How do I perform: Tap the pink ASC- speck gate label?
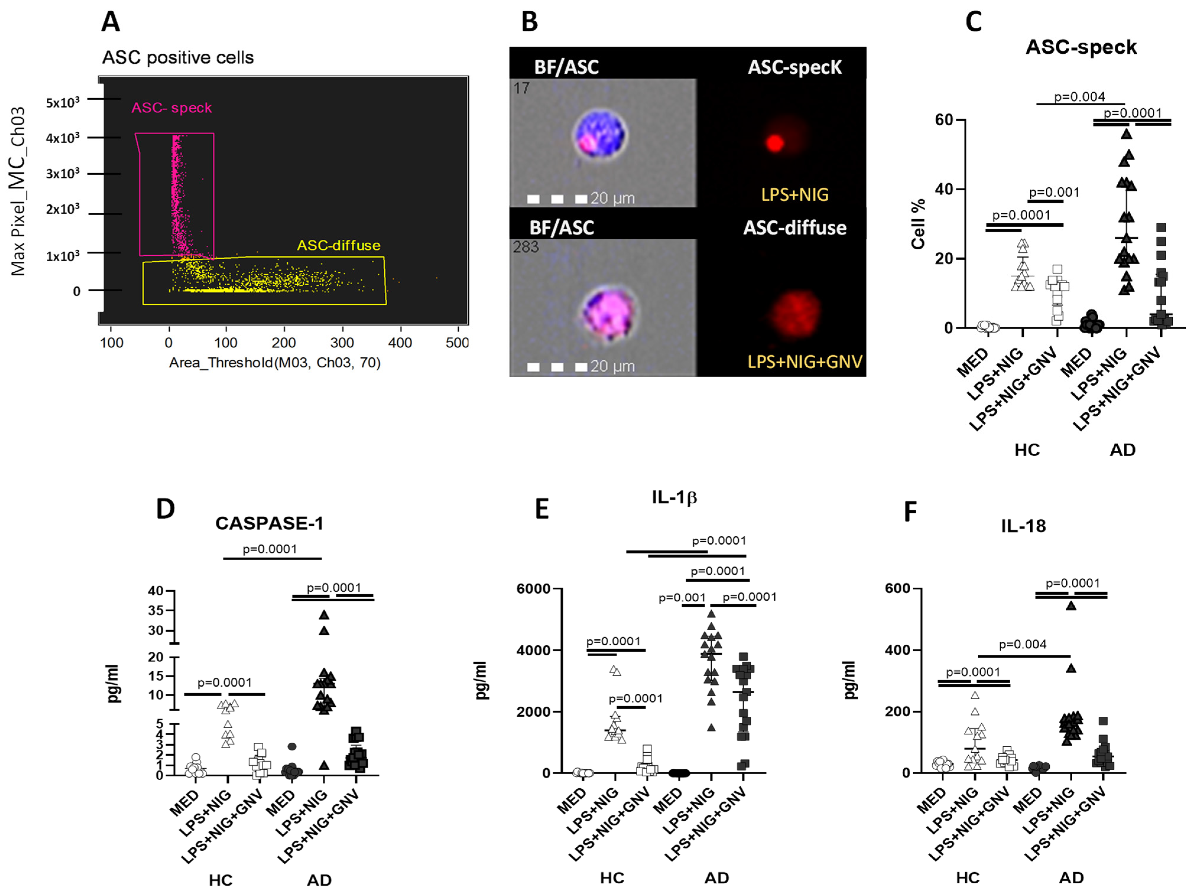(172, 108)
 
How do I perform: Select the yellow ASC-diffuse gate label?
(338, 245)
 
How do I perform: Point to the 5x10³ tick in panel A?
(63, 102)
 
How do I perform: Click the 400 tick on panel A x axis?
(400, 343)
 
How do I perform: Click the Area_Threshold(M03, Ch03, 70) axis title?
(275, 363)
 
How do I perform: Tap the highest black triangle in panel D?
(324, 615)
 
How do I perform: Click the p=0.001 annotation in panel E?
(682, 597)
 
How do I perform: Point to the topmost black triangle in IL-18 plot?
(1071, 605)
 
